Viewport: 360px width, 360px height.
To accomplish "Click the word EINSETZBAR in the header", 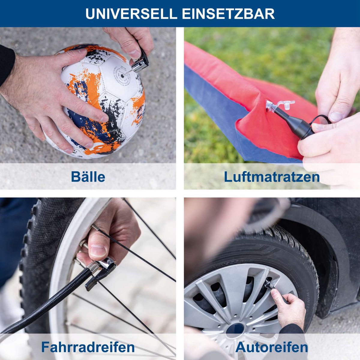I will [228, 14].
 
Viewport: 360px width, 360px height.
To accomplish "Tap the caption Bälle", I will [88, 177].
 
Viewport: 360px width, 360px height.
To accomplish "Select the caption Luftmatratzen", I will [272, 177].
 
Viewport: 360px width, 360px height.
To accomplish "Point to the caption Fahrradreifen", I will [88, 347].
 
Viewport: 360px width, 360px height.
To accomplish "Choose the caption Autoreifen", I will [272, 347].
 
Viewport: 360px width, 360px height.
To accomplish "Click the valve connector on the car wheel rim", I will [268, 283].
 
